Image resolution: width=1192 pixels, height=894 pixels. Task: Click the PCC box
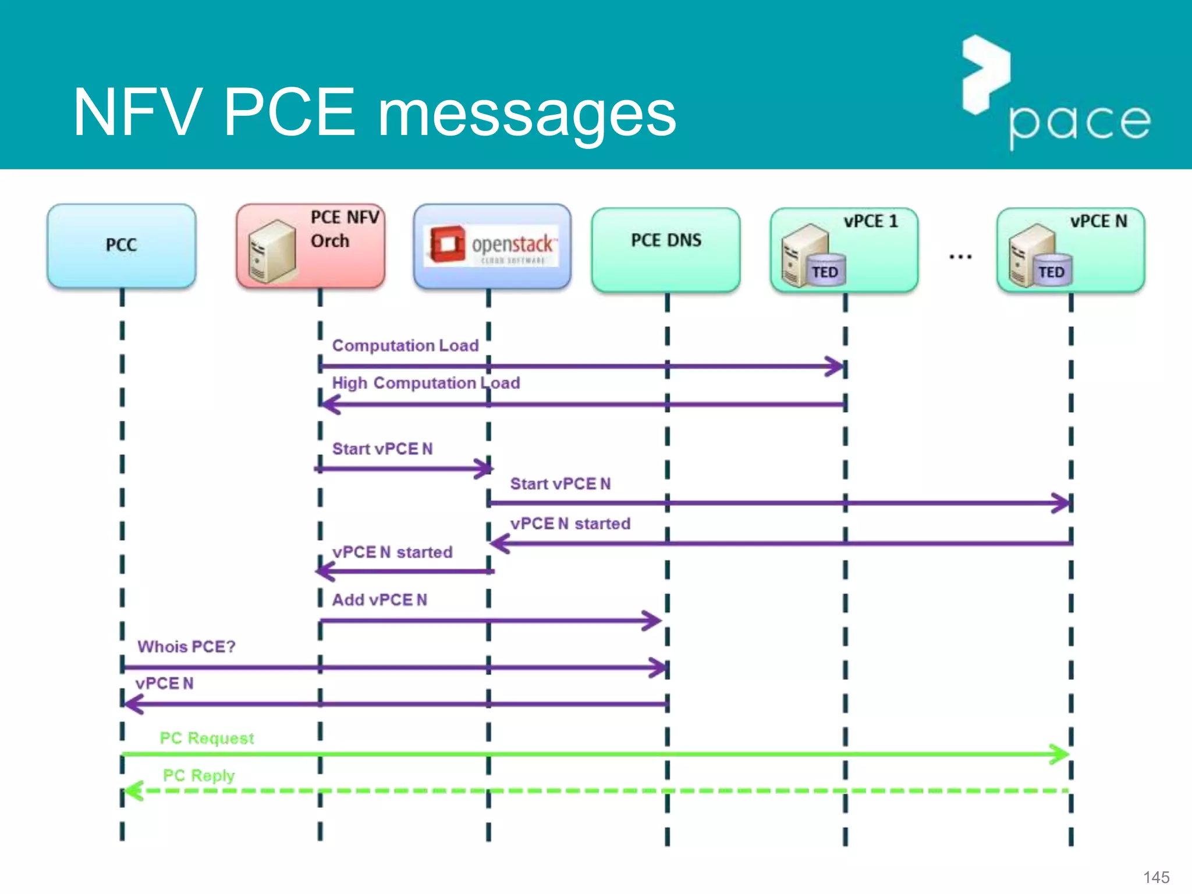121,245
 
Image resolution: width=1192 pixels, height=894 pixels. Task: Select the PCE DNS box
666,249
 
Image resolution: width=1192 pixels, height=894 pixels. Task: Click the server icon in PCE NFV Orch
271,251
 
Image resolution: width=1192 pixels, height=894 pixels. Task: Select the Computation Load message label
405,345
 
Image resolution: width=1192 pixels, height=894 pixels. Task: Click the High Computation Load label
425,383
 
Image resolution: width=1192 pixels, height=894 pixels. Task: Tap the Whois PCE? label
186,647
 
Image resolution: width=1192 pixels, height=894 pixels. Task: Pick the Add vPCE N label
379,599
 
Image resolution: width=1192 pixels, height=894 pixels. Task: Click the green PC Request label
207,738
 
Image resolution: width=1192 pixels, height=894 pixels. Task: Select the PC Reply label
198,775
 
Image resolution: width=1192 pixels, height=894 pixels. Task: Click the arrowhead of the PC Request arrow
1060,754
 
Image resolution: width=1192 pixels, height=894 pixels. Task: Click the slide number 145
1156,877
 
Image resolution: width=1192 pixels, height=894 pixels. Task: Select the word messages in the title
527,113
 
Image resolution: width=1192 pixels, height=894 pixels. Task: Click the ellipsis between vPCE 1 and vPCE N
960,256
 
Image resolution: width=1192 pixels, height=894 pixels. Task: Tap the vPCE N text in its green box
1098,221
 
